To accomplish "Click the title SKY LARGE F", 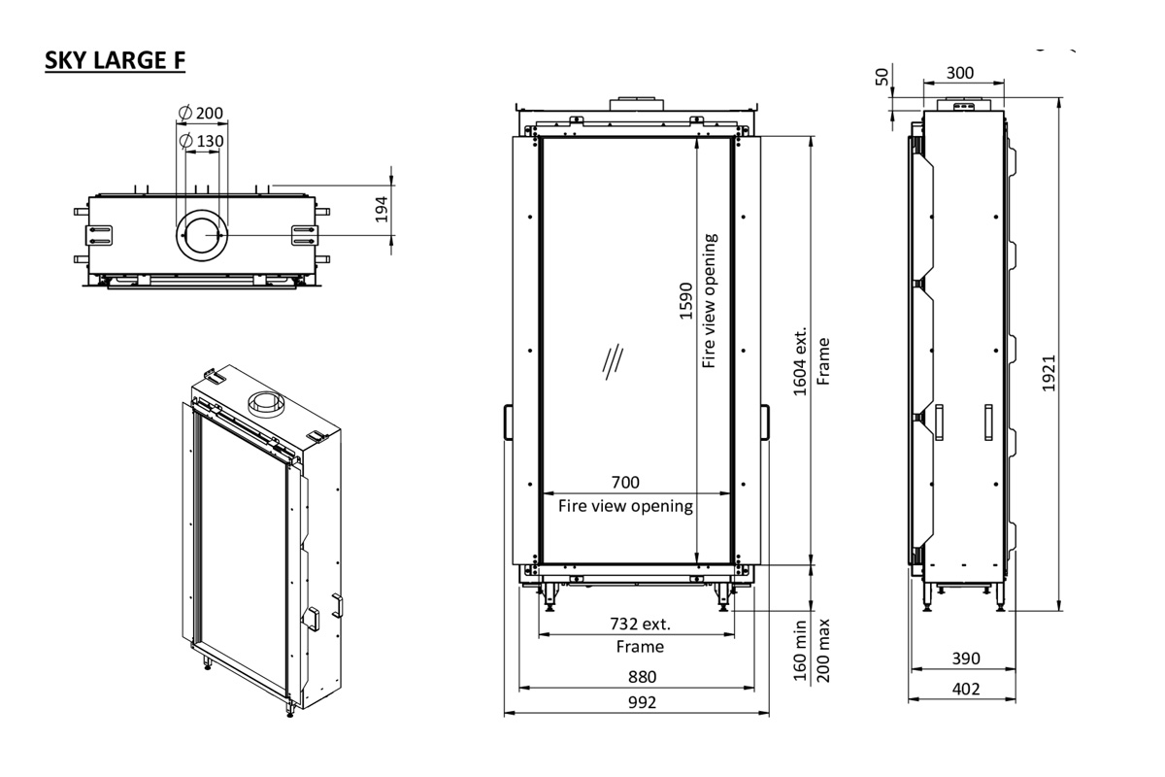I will (116, 60).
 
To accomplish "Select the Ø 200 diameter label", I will (201, 113).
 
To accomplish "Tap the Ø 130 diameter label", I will (203, 142).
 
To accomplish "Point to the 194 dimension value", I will (381, 210).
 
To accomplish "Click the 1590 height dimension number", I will (686, 301).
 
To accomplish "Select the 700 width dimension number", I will (625, 483).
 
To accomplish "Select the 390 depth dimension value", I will (964, 659).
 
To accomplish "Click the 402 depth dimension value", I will (964, 689).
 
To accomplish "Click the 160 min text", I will (801, 650).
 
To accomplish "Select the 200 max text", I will (824, 650).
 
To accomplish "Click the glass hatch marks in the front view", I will (612, 361).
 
